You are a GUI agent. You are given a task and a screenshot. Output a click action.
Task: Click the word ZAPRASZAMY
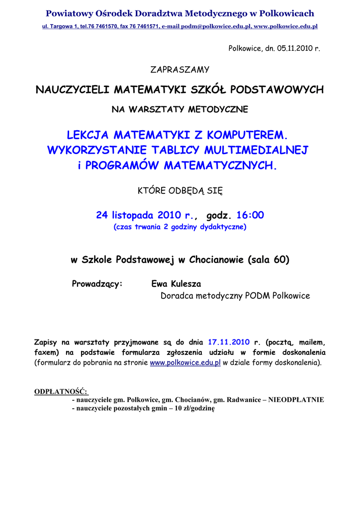[180, 70]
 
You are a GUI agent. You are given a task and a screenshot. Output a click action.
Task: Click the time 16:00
[250, 215]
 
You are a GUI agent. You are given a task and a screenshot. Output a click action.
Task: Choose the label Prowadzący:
[97, 284]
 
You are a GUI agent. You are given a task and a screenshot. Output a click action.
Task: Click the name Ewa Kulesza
[176, 284]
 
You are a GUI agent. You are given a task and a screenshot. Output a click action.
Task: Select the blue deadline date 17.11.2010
[228, 342]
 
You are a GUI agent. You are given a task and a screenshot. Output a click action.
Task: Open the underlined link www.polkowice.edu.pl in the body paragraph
[185, 363]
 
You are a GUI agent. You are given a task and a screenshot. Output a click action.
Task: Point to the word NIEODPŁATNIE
[296, 400]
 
